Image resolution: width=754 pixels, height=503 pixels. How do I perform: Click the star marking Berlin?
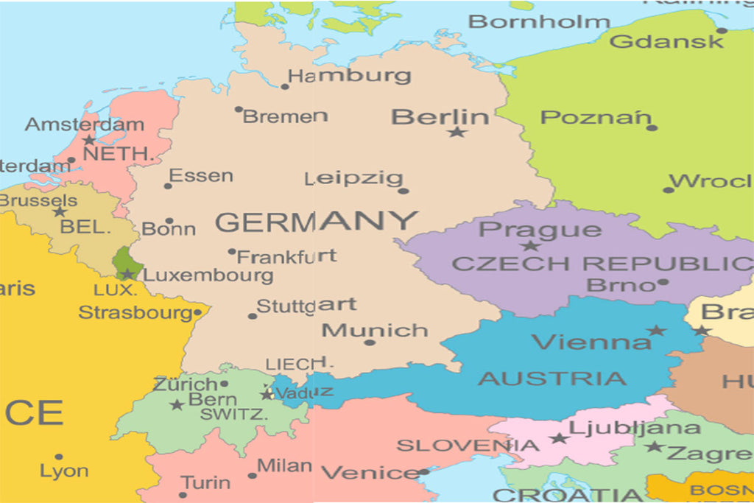pyautogui.click(x=457, y=132)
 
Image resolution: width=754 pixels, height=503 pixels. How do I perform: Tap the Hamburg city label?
pyautogui.click(x=349, y=75)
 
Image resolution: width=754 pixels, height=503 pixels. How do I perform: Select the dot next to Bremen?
pyautogui.click(x=239, y=109)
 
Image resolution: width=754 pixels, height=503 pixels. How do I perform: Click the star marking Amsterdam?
pyautogui.click(x=89, y=140)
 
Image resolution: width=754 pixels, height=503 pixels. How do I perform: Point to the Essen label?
pyautogui.click(x=201, y=176)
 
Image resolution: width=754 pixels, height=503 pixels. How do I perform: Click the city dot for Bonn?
pyautogui.click(x=169, y=220)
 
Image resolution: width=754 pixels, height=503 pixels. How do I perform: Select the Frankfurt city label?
pyautogui.click(x=286, y=257)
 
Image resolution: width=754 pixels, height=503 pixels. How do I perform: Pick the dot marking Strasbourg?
pyautogui.click(x=197, y=312)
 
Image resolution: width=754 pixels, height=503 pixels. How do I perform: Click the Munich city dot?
pyautogui.click(x=370, y=342)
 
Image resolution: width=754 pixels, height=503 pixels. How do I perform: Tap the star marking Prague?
pyautogui.click(x=529, y=246)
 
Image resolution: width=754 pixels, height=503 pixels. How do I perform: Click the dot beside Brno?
pyautogui.click(x=663, y=282)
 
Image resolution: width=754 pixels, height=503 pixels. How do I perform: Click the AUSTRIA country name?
pyautogui.click(x=552, y=379)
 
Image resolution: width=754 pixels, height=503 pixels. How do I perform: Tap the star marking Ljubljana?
pyautogui.click(x=559, y=438)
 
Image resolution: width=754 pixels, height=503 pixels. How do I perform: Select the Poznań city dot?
pyautogui.click(x=652, y=127)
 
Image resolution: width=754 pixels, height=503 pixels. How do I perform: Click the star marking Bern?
pyautogui.click(x=177, y=404)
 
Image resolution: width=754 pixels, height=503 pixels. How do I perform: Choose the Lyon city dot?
pyautogui.click(x=59, y=457)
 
